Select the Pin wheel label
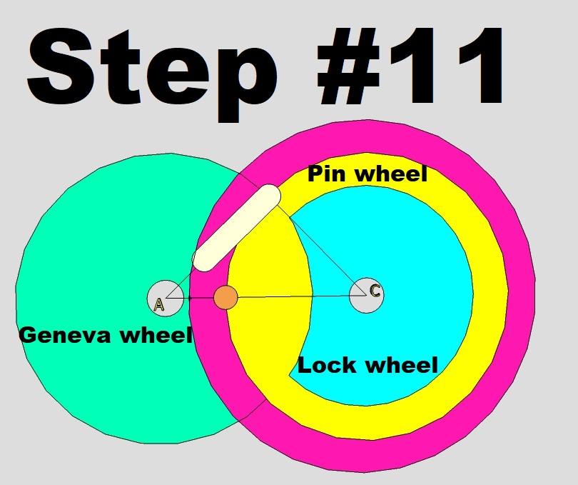click(x=367, y=174)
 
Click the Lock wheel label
click(x=367, y=366)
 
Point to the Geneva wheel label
click(x=106, y=334)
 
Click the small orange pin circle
click(x=225, y=297)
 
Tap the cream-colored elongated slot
click(x=236, y=227)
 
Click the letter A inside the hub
click(x=159, y=305)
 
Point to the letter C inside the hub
click(x=375, y=291)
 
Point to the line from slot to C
click(x=321, y=250)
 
